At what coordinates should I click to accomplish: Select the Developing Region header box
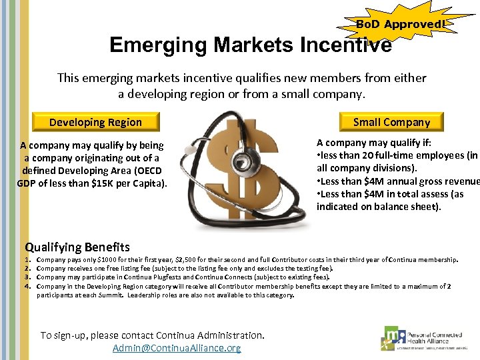click(95, 122)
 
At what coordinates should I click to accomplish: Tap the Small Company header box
click(391, 121)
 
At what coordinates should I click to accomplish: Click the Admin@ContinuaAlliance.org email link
click(177, 348)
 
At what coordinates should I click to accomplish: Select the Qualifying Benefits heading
click(77, 247)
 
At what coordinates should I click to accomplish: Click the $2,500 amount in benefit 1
click(185, 259)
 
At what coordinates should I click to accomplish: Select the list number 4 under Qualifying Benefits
click(28, 286)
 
